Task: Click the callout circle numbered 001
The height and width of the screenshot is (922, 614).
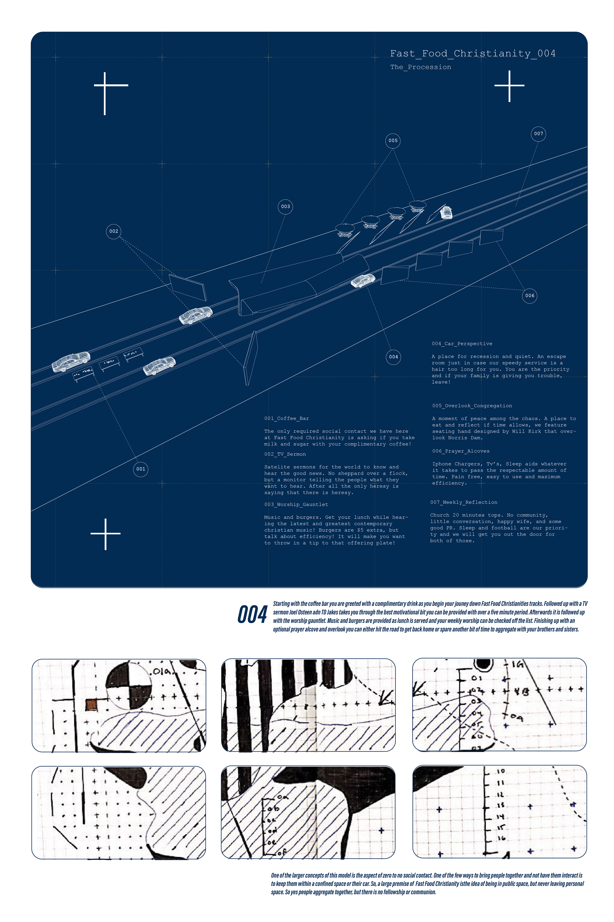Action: pos(141,469)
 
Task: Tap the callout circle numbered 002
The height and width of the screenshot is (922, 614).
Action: pos(114,231)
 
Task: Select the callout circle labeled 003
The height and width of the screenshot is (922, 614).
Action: pos(285,207)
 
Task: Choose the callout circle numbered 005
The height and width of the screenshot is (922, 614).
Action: pos(393,140)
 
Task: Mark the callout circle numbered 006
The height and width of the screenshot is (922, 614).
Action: pos(529,296)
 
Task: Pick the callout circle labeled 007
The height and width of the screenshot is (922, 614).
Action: pos(538,134)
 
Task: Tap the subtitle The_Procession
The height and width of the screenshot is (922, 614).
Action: pos(421,67)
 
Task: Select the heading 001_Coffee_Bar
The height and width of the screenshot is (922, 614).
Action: pos(287,418)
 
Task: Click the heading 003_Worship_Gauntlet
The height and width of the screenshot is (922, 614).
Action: pos(296,505)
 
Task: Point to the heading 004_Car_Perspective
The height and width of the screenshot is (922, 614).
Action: pos(462,344)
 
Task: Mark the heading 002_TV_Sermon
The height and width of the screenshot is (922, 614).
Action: pos(285,454)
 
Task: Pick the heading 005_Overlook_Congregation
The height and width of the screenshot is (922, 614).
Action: pos(472,406)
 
